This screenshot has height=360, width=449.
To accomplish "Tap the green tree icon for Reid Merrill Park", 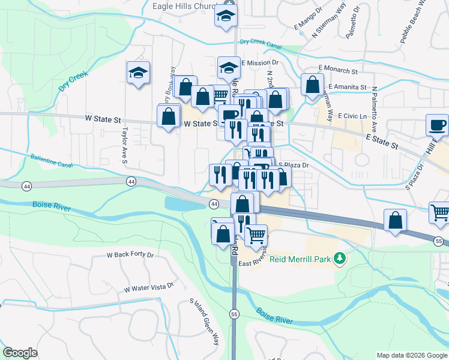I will pos(340,258).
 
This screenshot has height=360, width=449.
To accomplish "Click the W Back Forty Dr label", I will pos(130,254).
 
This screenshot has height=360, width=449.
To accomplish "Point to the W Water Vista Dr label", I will pos(148,287).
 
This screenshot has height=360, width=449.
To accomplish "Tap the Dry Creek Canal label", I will pos(260,42).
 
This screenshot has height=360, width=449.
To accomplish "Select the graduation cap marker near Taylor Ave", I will pos(138,73).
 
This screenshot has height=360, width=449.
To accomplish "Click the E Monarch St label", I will pos(338,70).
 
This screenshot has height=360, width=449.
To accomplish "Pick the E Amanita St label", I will pos(347,87).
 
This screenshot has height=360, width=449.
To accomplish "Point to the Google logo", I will pos(20,353).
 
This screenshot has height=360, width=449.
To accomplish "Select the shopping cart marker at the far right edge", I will pos(439,212).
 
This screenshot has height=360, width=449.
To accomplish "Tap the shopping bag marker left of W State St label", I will pos(169,115).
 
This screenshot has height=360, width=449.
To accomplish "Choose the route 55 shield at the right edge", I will pos(439,241).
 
